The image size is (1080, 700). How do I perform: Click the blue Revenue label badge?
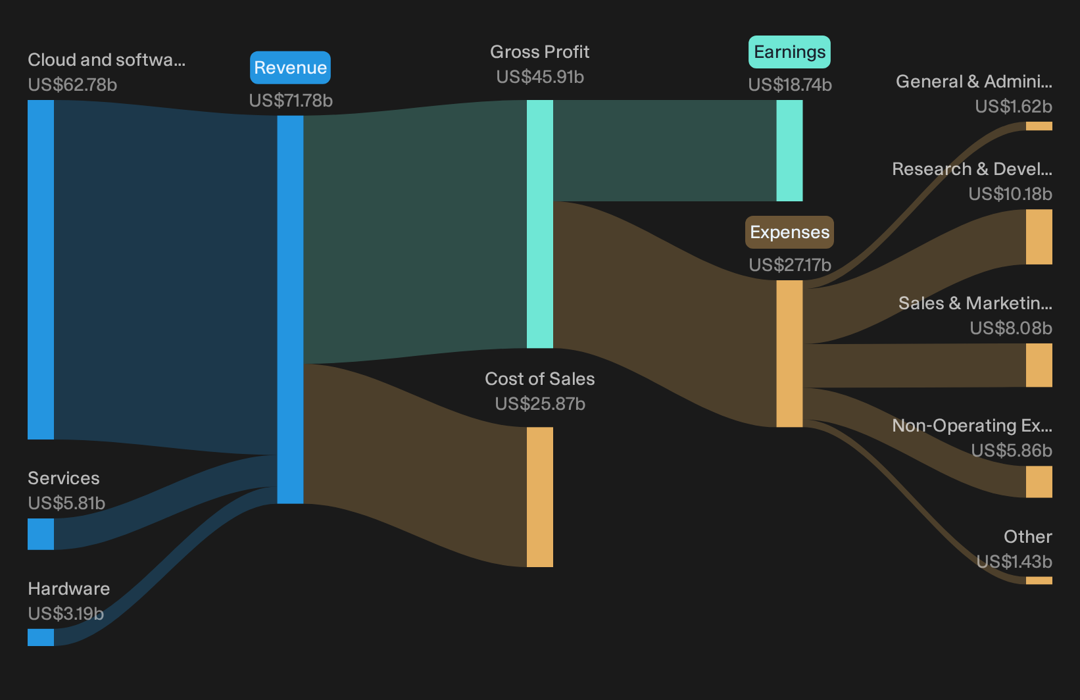click(x=290, y=68)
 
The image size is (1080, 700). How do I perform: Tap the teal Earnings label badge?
click(x=789, y=51)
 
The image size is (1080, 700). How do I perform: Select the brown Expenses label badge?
click(x=789, y=232)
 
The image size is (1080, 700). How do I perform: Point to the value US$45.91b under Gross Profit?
click(x=540, y=77)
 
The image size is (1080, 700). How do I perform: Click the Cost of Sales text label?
click(x=539, y=379)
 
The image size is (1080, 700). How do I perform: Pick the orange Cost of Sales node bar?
click(x=539, y=497)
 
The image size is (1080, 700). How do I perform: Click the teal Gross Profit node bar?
click(x=539, y=224)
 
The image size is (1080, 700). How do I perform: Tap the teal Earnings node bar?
click(x=789, y=151)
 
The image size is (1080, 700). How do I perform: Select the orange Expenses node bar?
click(x=789, y=353)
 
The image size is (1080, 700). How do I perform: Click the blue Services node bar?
click(x=41, y=534)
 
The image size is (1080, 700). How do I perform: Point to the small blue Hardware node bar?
click(x=41, y=637)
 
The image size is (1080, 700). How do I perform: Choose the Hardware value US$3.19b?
click(x=66, y=614)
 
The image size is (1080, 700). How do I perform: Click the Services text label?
click(x=64, y=478)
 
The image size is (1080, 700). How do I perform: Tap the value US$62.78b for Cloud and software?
click(x=72, y=85)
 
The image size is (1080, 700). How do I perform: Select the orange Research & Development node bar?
click(x=1039, y=237)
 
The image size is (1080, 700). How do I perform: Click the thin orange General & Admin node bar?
click(x=1039, y=126)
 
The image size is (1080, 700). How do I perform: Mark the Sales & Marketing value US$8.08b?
click(x=1011, y=328)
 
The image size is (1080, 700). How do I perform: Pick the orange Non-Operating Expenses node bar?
click(x=1039, y=482)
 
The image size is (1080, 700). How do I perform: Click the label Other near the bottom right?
click(x=1028, y=536)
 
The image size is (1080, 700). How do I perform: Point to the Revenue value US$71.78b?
click(x=291, y=101)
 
